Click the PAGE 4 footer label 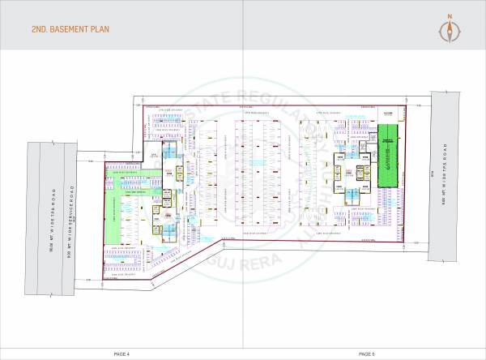(122, 354)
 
